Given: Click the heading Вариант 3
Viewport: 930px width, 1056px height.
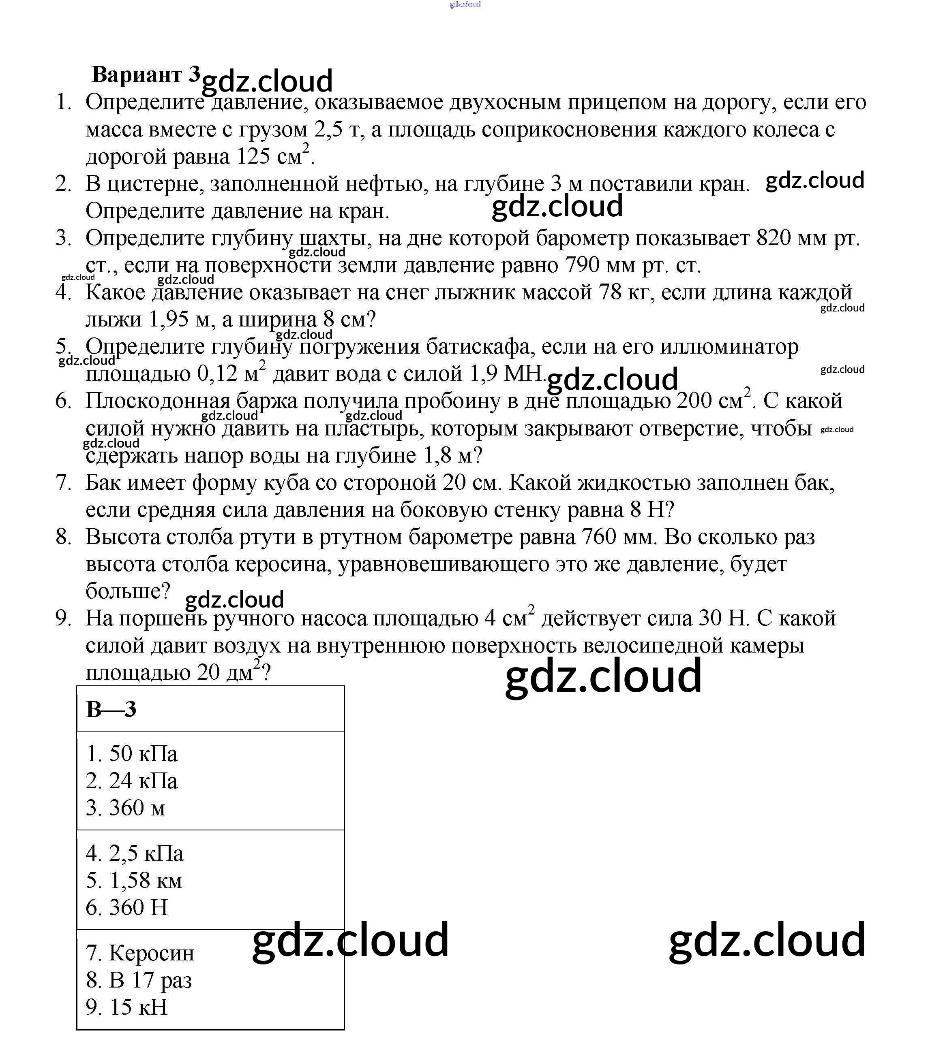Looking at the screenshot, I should (145, 75).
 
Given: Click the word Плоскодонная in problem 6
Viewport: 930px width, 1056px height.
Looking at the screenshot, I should (158, 401).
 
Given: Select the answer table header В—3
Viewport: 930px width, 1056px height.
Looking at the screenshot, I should (111, 709).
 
